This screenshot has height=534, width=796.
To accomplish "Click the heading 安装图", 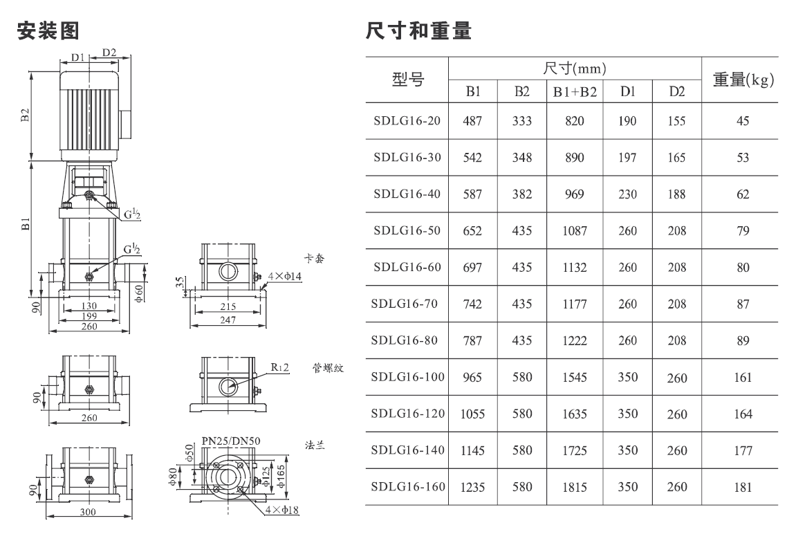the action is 48,30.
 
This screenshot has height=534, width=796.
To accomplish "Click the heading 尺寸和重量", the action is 419,30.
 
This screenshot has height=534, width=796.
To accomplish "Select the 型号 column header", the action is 407,79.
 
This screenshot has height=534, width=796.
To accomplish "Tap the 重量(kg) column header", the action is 743,79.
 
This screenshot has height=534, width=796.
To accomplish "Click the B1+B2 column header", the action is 575,92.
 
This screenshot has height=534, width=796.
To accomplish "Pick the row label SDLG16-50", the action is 407,230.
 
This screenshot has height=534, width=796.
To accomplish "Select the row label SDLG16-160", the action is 408,487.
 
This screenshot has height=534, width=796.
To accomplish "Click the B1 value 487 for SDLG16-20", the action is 472,121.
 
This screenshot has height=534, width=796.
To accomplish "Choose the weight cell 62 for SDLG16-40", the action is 743,194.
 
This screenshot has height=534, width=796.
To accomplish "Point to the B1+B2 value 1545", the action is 575,377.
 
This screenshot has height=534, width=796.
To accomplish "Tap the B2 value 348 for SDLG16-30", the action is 522,157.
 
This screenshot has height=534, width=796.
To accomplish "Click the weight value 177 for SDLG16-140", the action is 743,450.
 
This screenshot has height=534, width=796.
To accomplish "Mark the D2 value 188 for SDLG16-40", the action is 676,194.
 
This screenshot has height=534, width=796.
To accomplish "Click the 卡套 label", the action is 314,259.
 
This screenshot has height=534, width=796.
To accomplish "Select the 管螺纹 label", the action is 328,368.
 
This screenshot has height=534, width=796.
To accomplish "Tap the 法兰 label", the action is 315,445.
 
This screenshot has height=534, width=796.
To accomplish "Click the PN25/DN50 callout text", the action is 231,441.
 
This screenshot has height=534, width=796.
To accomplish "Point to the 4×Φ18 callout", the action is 281,510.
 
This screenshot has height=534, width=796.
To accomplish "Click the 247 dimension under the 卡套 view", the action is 228,320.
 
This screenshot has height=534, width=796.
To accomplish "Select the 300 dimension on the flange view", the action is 88,512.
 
